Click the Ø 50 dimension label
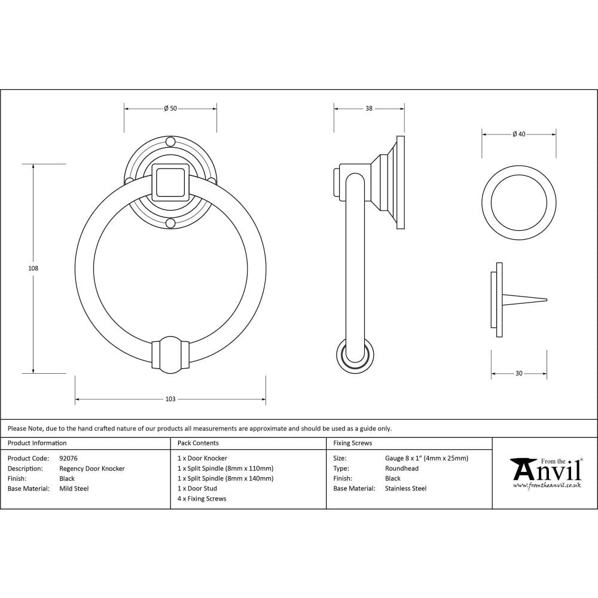click(x=170, y=109)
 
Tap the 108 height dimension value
click(x=33, y=269)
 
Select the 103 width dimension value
click(x=170, y=399)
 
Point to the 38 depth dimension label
click(x=369, y=109)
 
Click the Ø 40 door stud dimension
click(x=518, y=135)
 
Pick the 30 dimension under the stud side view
click(x=518, y=374)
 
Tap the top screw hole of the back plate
click(x=170, y=142)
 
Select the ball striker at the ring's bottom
click(x=170, y=354)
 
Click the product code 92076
click(x=68, y=459)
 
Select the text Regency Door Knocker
click(x=92, y=469)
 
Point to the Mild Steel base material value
click(x=74, y=489)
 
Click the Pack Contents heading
click(x=198, y=443)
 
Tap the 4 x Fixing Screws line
click(x=202, y=499)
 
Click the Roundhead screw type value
click(x=401, y=469)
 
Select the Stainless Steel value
click(x=405, y=489)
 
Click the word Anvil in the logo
click(x=548, y=472)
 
